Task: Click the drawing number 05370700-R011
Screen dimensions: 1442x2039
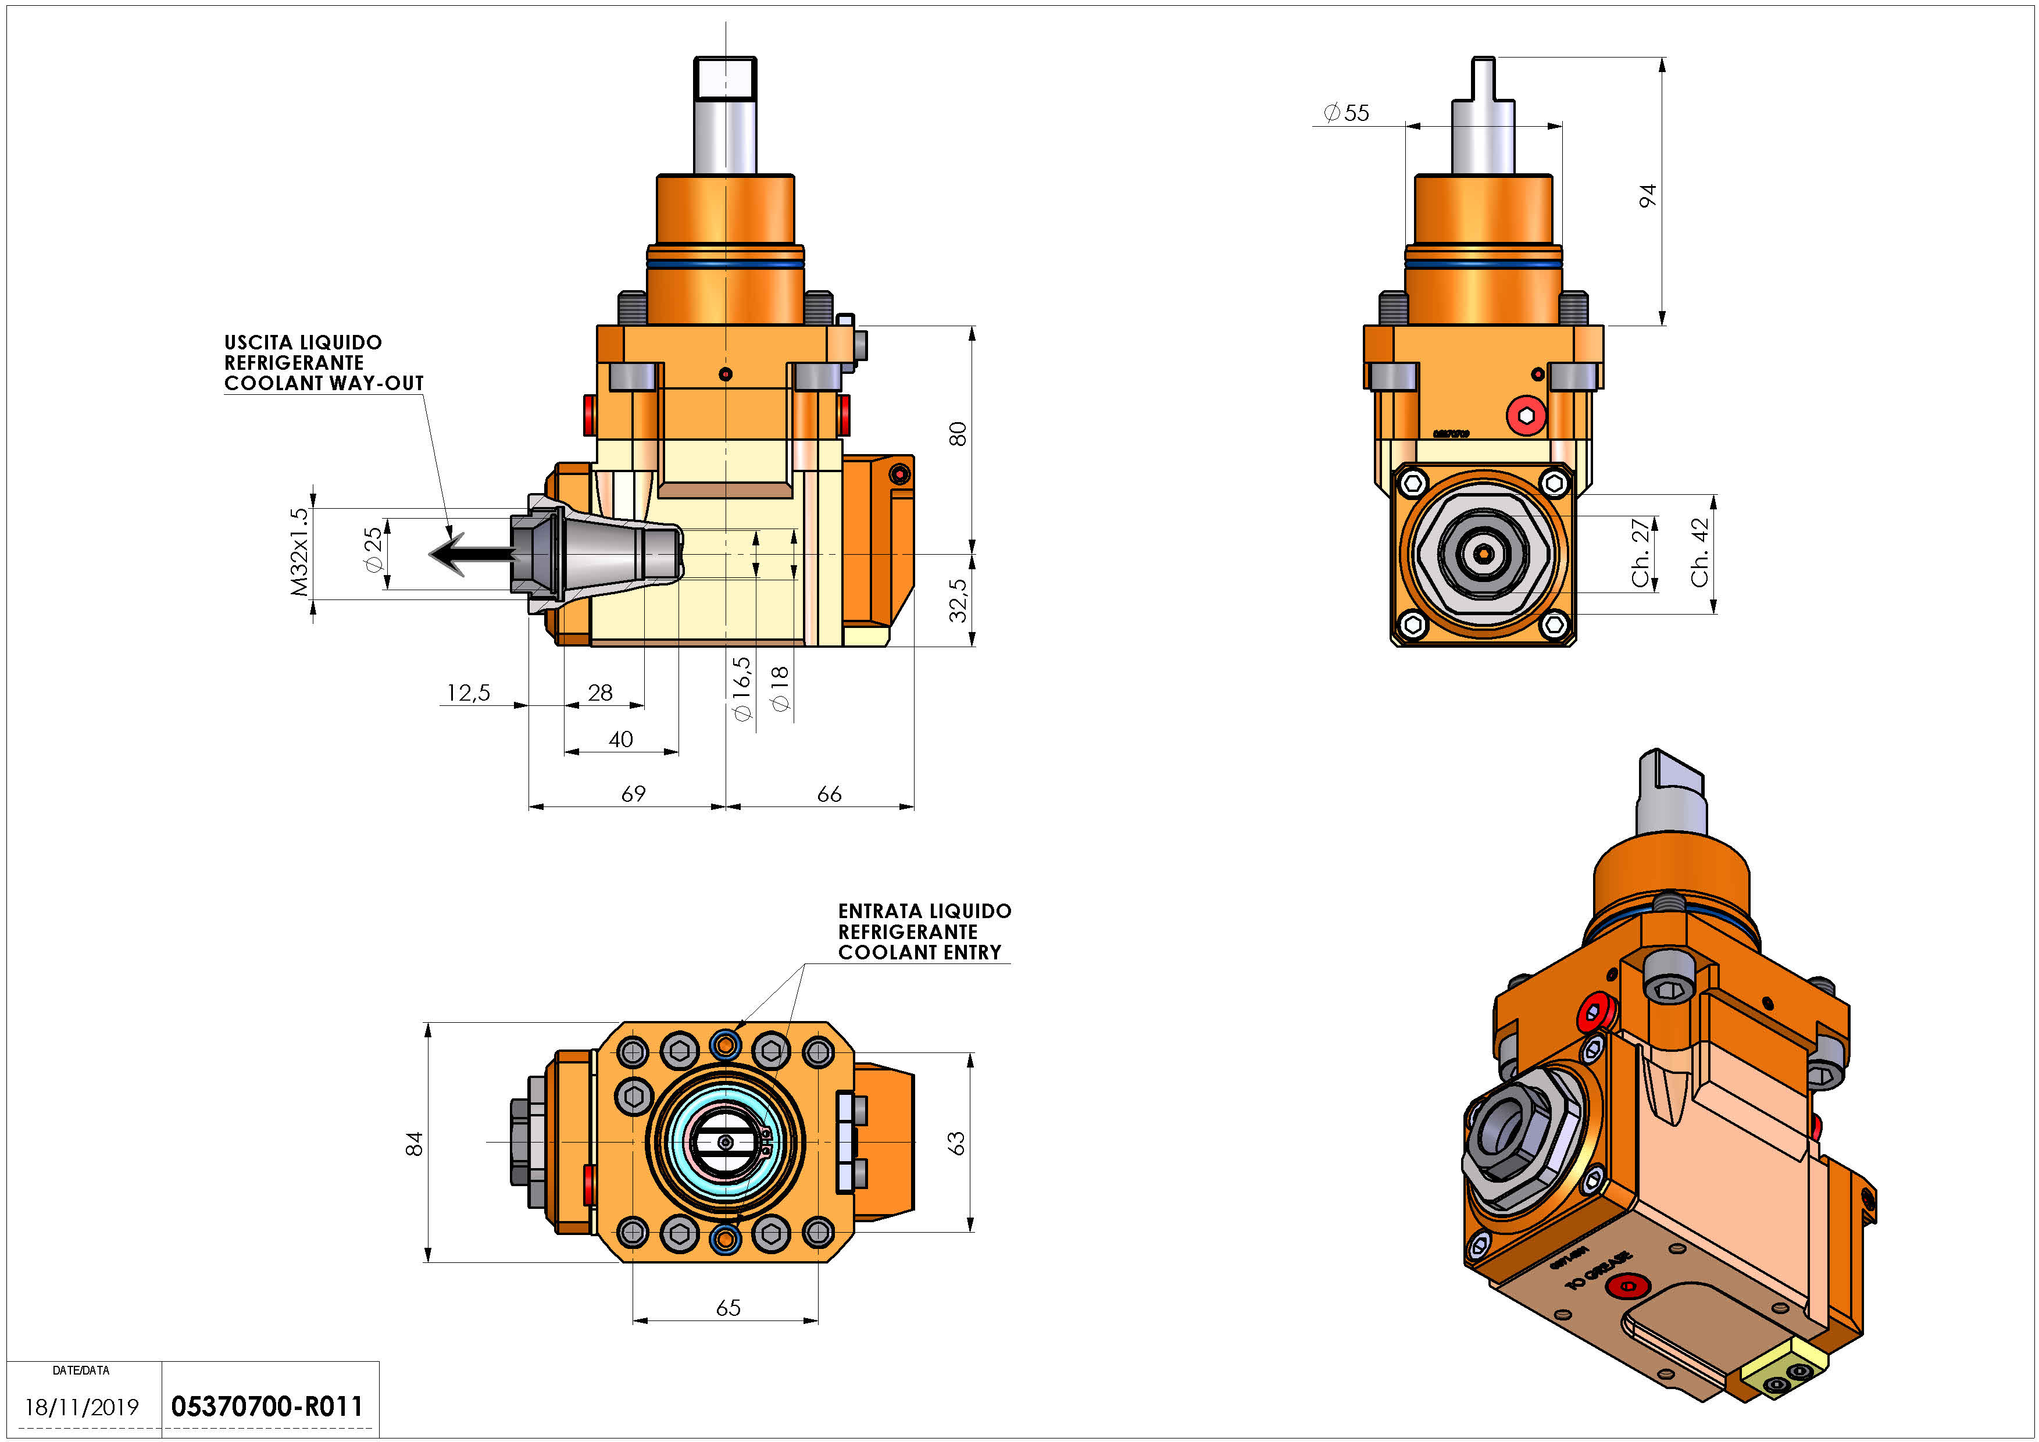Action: coord(266,1407)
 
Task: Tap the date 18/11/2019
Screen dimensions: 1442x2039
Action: coord(82,1407)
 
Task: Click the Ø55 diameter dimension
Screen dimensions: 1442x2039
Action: coord(1347,113)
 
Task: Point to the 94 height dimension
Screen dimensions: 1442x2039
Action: coord(1647,195)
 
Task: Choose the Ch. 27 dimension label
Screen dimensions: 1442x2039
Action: coord(1640,552)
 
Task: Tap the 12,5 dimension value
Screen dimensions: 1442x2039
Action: coord(468,693)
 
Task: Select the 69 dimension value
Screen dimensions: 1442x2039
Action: coord(633,794)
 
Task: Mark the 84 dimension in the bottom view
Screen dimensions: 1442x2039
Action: coord(415,1144)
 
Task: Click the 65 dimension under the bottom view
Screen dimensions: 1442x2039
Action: coord(728,1308)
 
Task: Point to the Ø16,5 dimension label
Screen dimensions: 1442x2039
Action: coord(741,688)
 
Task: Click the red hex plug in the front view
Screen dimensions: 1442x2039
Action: coord(1526,415)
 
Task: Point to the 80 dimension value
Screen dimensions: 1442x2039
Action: coord(958,434)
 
